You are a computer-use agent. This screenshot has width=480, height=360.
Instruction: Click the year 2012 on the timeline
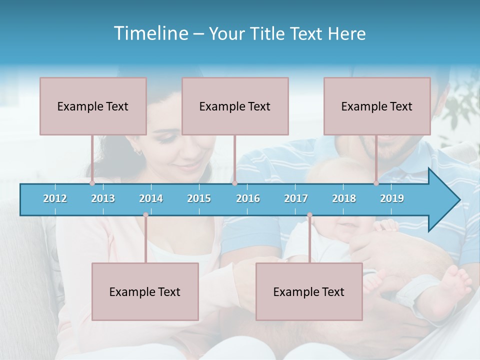coord(55,198)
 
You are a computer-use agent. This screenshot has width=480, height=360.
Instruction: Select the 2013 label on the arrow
coord(103,198)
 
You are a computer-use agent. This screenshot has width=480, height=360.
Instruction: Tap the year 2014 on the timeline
coord(151,198)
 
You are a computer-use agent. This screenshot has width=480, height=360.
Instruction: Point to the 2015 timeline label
coord(199,198)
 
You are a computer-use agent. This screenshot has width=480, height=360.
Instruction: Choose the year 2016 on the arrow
coord(248,198)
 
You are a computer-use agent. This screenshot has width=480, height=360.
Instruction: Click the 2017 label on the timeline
coord(296,198)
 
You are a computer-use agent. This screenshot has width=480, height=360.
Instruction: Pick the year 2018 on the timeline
coord(344,198)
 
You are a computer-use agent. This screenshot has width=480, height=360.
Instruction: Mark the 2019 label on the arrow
coord(392,198)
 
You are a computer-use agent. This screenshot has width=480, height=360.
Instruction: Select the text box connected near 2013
coord(93,106)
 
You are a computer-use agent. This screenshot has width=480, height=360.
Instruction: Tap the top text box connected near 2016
coord(235,106)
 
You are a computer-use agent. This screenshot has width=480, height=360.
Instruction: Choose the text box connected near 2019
coord(377,106)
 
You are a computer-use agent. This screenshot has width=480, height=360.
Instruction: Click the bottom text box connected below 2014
coord(145,291)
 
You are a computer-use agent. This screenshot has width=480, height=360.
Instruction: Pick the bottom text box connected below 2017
coord(309,291)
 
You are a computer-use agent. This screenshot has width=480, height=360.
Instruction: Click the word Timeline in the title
coord(150,33)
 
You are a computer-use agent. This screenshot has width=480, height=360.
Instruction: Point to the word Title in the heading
coord(269,34)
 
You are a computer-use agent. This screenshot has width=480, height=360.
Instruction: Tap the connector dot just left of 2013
coord(92,183)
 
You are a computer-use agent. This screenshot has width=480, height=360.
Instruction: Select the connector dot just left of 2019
coord(376,183)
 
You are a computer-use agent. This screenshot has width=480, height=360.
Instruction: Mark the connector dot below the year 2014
coord(145,215)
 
